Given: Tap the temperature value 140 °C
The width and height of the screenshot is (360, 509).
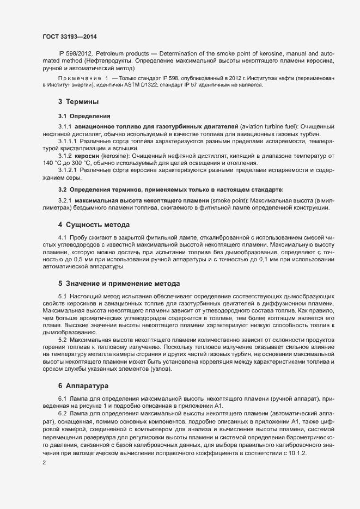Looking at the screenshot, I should point(55,164).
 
